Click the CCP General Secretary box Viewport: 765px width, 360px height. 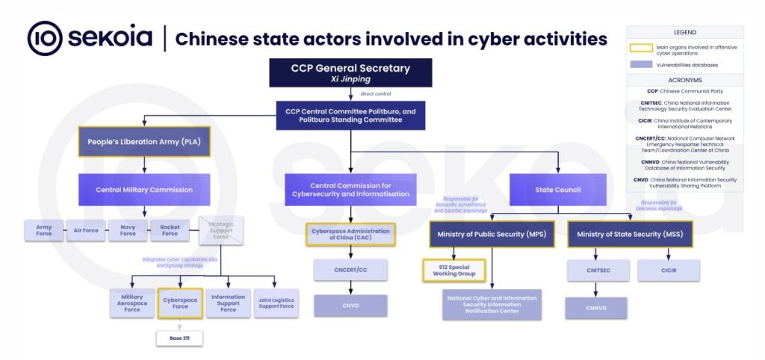[x=350, y=72]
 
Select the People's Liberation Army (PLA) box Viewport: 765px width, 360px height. [x=144, y=141]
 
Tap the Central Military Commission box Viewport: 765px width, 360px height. [x=144, y=190]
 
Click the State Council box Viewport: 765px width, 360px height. [x=557, y=190]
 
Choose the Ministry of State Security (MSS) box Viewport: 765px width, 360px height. [x=630, y=235]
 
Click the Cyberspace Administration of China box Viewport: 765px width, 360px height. [x=350, y=235]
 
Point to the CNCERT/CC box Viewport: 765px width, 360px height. [x=350, y=270]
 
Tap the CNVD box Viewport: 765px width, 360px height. [x=350, y=305]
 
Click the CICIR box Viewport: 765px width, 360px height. [x=669, y=270]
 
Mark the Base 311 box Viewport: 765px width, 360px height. [x=179, y=338]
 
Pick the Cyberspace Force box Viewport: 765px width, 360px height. [x=180, y=302]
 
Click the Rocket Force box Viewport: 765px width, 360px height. [x=170, y=231]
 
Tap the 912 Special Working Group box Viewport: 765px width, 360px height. [x=454, y=270]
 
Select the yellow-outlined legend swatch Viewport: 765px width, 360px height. [x=641, y=49]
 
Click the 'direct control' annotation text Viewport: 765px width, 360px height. [x=377, y=93]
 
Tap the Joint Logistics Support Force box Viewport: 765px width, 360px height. [x=276, y=302]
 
